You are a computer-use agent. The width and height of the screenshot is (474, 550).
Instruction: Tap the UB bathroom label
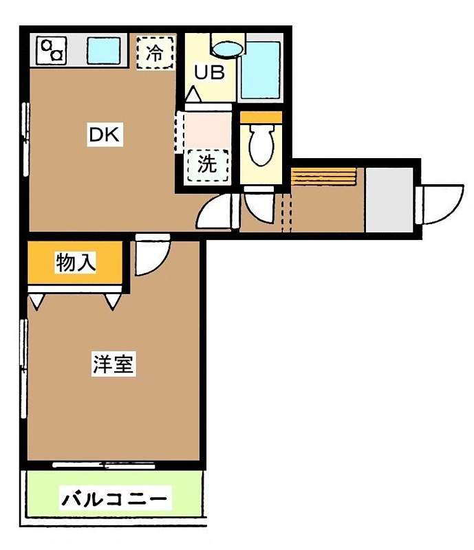pyautogui.click(x=208, y=72)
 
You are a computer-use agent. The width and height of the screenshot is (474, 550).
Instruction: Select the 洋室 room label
pyautogui.click(x=113, y=364)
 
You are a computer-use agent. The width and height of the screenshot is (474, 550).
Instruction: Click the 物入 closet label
pyautogui.click(x=76, y=263)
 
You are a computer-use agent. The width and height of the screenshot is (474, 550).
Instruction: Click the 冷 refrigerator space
pyautogui.click(x=155, y=52)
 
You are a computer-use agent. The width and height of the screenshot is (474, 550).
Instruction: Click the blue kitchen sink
pyautogui.click(x=104, y=49)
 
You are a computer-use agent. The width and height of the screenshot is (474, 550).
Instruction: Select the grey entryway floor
pyautogui.click(x=389, y=199)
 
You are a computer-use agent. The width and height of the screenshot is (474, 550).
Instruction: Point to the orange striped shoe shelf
pyautogui.click(x=324, y=176)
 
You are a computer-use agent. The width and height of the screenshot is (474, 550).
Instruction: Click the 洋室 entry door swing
pyautogui.click(x=150, y=254)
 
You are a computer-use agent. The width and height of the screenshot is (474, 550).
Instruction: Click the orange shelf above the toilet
pyautogui.click(x=261, y=118)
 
